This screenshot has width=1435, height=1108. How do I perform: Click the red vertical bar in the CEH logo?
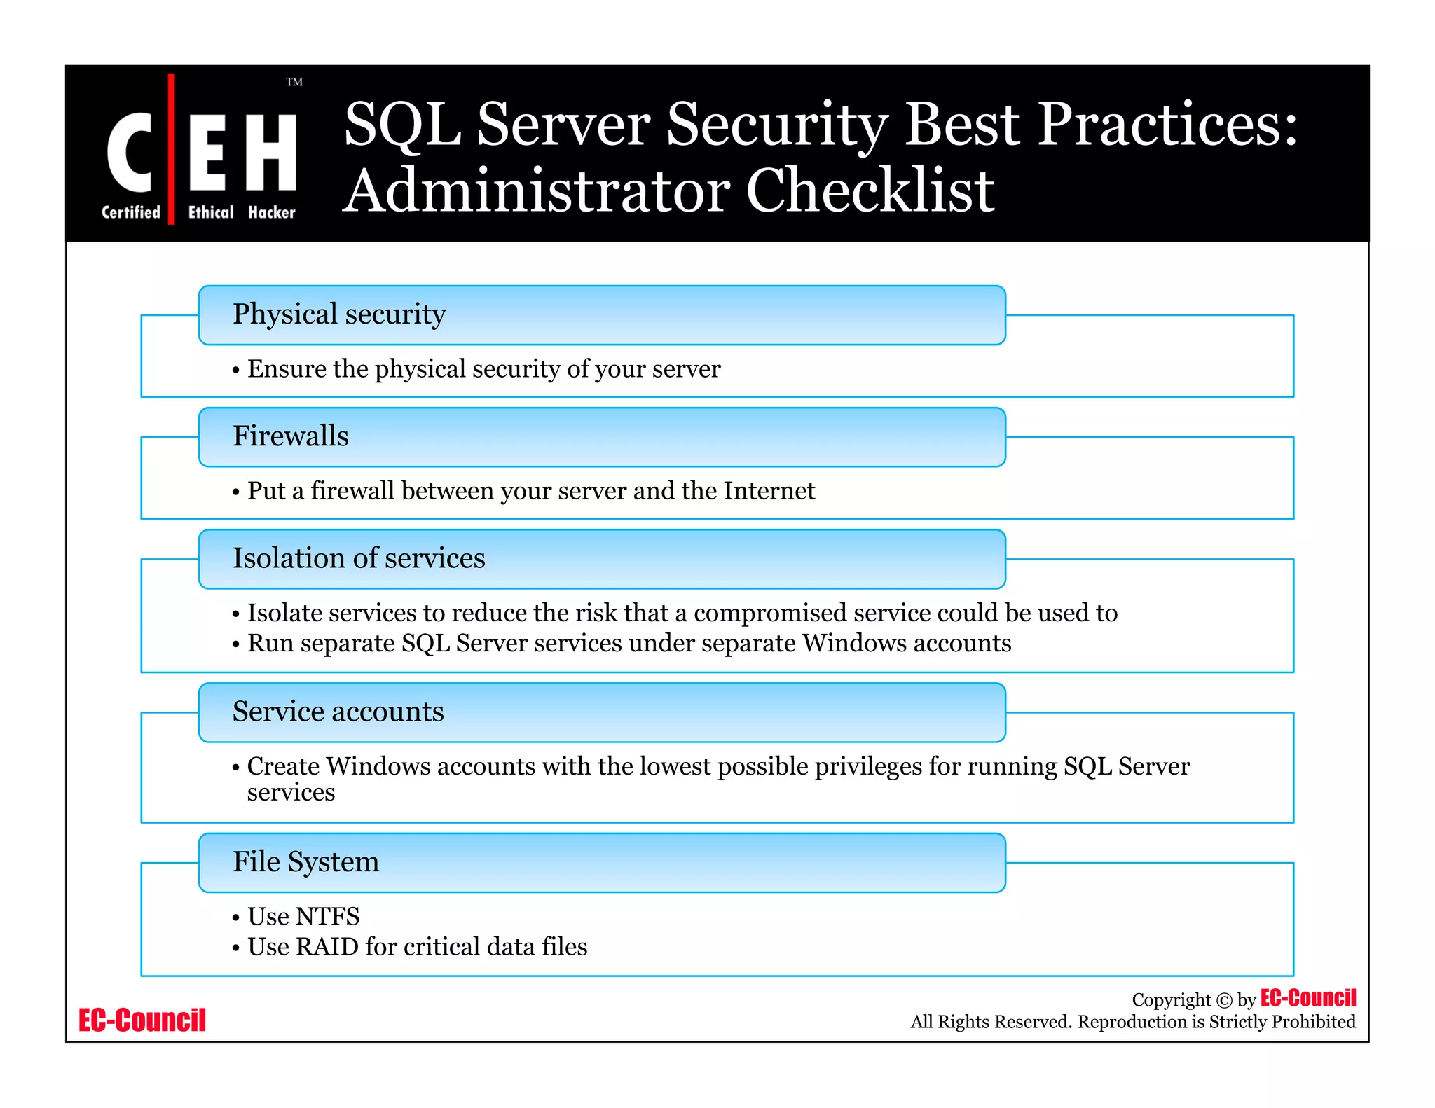(x=171, y=148)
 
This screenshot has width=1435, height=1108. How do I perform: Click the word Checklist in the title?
(x=870, y=191)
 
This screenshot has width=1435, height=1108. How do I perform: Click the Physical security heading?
(x=339, y=314)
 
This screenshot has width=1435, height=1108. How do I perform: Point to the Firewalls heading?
(x=290, y=436)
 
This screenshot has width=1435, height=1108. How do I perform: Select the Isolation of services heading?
(x=358, y=558)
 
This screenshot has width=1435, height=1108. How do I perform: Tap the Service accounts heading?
(x=338, y=712)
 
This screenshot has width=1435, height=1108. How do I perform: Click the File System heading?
(x=305, y=861)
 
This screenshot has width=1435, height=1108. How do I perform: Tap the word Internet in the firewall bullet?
(x=769, y=490)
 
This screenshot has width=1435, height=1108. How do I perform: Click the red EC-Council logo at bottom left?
(x=142, y=1020)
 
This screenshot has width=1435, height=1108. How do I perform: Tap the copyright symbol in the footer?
(x=1223, y=1000)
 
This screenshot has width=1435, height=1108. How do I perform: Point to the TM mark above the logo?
(x=294, y=82)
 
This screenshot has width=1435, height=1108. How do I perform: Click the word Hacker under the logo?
(x=271, y=212)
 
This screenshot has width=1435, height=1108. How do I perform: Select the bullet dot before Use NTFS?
(x=236, y=918)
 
